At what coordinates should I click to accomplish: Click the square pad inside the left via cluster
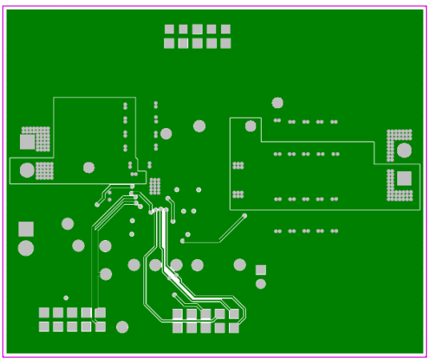click(28, 142)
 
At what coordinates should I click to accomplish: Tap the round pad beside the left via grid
click(27, 170)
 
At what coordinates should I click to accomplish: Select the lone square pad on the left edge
click(26, 229)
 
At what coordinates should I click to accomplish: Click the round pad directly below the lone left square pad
click(26, 249)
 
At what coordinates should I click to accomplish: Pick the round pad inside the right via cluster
click(404, 150)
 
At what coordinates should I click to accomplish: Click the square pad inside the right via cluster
click(404, 178)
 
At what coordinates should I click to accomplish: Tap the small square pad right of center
click(260, 270)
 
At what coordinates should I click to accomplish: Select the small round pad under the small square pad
click(260, 283)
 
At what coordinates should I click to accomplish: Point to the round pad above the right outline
click(277, 102)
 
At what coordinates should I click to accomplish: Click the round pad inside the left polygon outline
click(89, 167)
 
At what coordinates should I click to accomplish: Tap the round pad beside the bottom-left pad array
click(122, 326)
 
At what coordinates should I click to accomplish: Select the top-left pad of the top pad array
click(170, 30)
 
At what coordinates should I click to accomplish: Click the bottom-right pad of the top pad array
click(225, 43)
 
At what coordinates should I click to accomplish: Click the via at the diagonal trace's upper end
click(244, 216)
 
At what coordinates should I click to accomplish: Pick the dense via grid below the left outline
click(155, 186)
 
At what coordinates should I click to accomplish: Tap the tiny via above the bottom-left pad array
click(66, 298)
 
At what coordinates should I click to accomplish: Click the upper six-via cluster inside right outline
click(237, 166)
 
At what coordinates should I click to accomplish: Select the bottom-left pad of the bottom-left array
click(45, 326)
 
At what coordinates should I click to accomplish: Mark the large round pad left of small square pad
click(239, 265)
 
